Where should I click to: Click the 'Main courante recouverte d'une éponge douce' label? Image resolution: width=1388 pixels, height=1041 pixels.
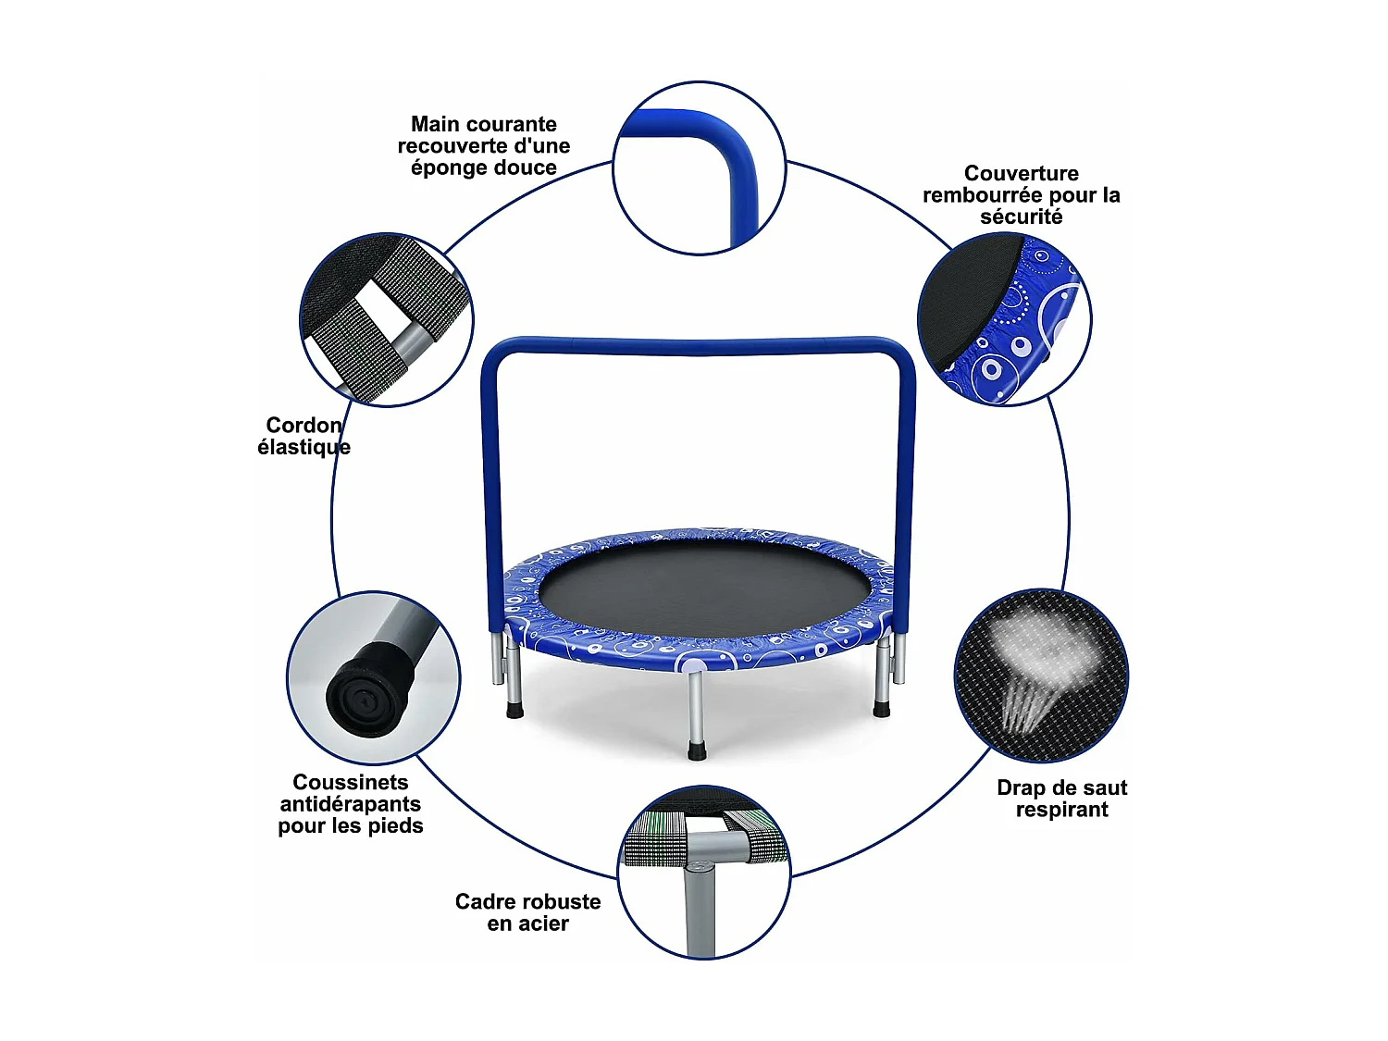[x=484, y=146]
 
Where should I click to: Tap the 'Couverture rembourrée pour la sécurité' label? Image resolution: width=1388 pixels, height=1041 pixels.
[x=1021, y=195]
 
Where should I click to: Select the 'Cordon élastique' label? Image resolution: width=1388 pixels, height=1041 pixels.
[x=304, y=436]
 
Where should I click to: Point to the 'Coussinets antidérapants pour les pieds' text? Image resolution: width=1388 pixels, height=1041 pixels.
[x=351, y=804]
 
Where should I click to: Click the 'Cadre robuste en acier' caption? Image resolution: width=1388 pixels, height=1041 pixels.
[x=527, y=912]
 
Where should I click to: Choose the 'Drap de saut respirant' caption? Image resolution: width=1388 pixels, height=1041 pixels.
[x=1061, y=799]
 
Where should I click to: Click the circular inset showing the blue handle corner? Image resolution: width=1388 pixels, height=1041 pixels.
[x=699, y=167]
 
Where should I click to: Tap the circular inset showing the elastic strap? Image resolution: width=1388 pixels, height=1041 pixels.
[x=387, y=319]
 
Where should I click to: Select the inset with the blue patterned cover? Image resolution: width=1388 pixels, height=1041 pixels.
[x=1004, y=319]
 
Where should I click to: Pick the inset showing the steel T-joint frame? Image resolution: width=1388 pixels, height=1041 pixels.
[x=703, y=872]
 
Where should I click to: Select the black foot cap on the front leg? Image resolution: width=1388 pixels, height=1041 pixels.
[x=697, y=750]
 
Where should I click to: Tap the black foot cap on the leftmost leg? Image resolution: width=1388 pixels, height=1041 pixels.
[x=514, y=711]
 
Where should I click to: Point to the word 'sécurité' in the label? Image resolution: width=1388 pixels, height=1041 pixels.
[x=1022, y=217]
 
